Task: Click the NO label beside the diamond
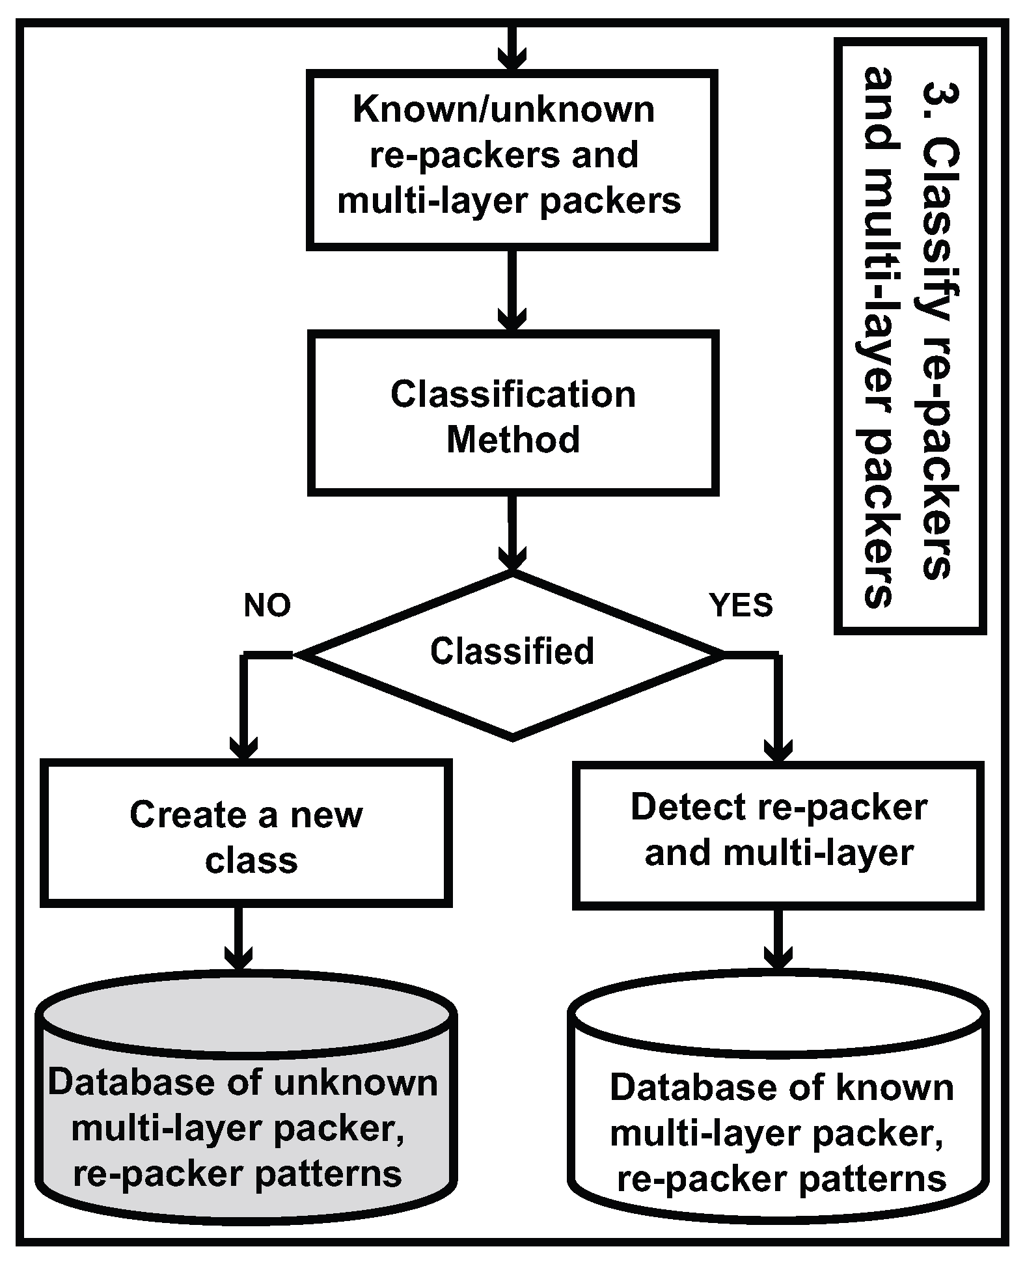[x=267, y=606]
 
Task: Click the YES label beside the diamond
[x=741, y=606]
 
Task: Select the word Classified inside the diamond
[x=512, y=651]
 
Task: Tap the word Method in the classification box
[x=513, y=440]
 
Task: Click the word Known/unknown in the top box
[x=504, y=109]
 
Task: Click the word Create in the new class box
[x=187, y=815]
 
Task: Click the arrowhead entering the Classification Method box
[x=512, y=320]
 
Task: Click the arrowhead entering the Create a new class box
[x=244, y=749]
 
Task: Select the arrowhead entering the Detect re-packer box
[x=778, y=750]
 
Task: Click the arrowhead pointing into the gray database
[x=238, y=957]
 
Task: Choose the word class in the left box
[x=251, y=860]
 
